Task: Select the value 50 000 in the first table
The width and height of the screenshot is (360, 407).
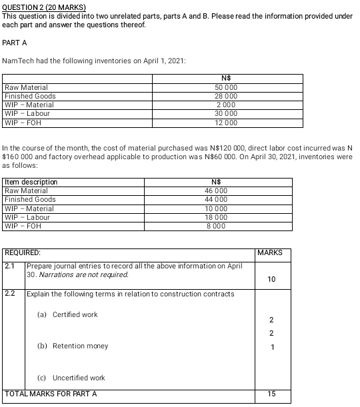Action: (226, 87)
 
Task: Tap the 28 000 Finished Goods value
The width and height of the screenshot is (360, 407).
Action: (226, 96)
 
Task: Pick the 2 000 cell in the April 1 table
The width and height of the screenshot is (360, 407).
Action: (226, 105)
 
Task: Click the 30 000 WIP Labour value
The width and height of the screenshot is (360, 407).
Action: (226, 113)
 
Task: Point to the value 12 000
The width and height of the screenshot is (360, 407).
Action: (226, 122)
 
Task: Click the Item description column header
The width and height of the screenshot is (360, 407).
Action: (31, 182)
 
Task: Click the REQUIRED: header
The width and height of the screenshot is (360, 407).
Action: (23, 253)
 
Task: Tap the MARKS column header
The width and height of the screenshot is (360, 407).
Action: (270, 253)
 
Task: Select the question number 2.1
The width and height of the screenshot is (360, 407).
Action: (10, 266)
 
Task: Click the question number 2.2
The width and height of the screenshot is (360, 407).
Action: (10, 294)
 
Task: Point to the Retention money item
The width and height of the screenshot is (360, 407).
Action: (80, 346)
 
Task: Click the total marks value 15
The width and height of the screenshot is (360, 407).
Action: (270, 394)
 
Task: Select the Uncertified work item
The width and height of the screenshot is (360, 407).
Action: (79, 378)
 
